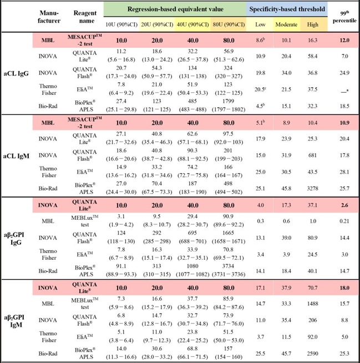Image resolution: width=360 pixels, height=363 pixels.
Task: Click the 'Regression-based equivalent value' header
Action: coord(175,9)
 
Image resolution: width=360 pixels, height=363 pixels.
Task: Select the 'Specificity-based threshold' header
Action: coord(287,9)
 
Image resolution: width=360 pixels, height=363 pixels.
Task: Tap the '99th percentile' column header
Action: coord(344,17)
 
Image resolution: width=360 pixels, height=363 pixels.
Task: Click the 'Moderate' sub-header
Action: coord(286,24)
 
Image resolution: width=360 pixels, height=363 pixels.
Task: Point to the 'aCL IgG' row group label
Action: coord(16,74)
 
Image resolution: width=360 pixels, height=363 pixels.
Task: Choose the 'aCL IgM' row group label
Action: coord(16,156)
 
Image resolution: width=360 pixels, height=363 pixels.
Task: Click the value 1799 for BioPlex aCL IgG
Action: coord(228,101)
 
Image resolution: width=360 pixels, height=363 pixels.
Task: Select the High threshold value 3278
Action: coord(312,189)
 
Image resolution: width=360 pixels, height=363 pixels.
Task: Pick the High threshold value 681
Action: coord(312,155)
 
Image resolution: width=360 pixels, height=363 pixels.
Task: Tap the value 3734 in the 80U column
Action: coord(228,266)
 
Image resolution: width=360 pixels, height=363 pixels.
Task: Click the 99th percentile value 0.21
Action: coord(344,221)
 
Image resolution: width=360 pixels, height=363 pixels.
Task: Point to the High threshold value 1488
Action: coord(312,304)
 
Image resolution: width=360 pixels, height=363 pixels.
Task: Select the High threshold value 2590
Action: coord(312,354)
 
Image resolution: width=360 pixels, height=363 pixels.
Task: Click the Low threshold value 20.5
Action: coord(260,89)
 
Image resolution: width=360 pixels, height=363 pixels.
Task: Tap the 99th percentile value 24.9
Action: coord(344,73)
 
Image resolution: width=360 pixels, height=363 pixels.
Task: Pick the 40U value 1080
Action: coord(192,266)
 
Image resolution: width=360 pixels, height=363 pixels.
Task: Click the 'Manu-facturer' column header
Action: coord(49,17)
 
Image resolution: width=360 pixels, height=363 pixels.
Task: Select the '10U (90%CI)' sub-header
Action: coord(121,24)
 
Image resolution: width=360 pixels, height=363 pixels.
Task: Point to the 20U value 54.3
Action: coord(157,68)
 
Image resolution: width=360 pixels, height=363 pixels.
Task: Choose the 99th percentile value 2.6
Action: coord(344,205)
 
